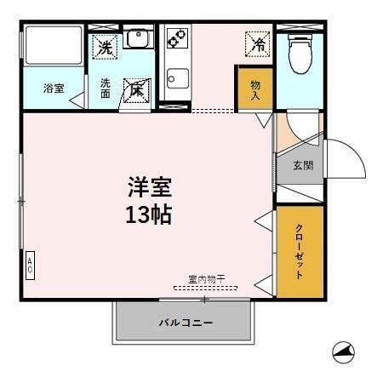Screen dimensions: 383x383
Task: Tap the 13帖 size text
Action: click(149, 214)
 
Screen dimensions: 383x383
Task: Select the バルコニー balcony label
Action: click(185, 323)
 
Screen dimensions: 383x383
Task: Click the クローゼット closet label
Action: click(300, 252)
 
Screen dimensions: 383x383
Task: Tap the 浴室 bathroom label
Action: click(54, 88)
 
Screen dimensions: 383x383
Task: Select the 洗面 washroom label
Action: click(106, 88)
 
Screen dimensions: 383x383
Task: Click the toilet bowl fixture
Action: click(300, 54)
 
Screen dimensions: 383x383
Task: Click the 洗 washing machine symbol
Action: click(105, 48)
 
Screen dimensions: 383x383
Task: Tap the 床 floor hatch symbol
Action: click(137, 89)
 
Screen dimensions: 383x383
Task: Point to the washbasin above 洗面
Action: click(136, 37)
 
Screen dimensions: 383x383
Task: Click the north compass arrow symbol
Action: click(343, 350)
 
